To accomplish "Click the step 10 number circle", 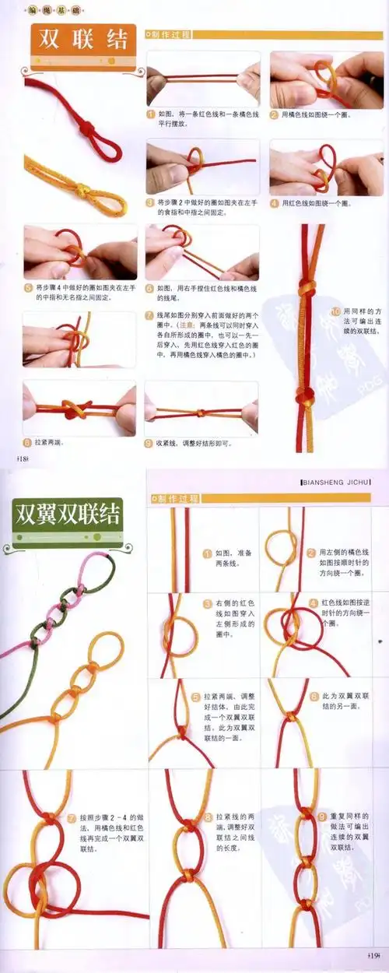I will pos(336,311).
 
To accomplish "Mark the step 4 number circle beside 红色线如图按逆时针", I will pos(314,602).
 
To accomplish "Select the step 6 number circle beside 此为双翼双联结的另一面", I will pos(314,697).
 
